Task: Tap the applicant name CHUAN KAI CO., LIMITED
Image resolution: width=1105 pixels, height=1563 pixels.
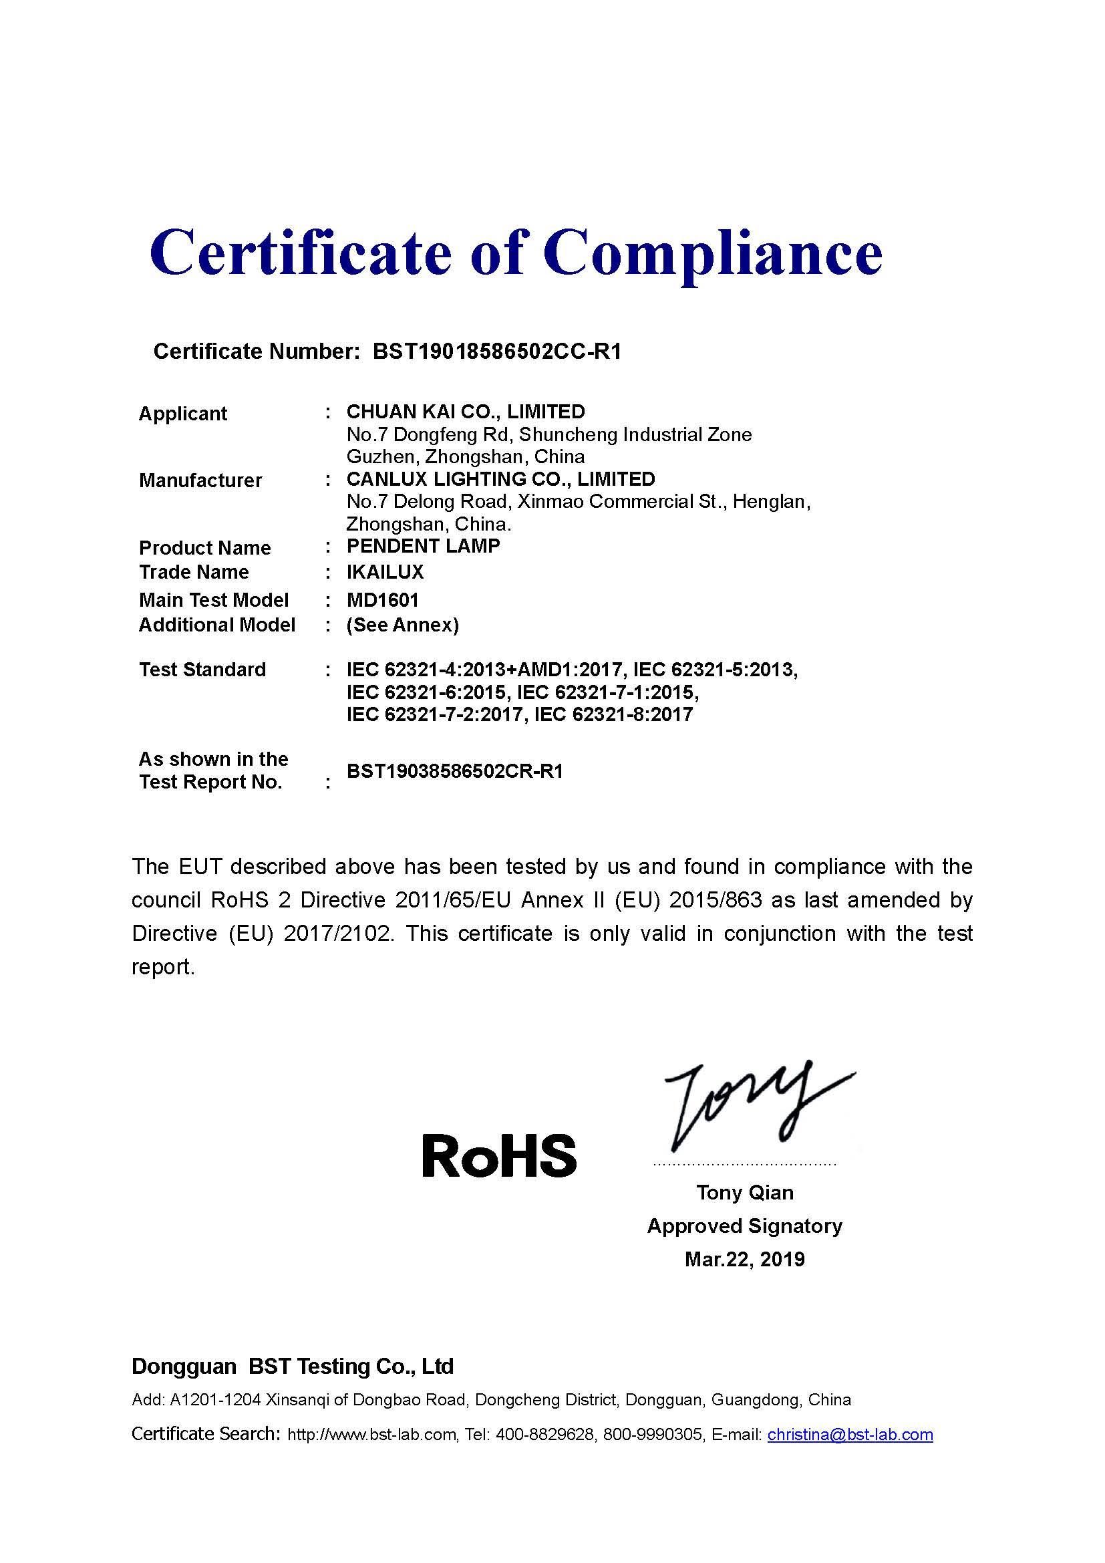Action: [466, 412]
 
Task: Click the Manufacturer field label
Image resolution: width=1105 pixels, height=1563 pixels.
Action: [200, 480]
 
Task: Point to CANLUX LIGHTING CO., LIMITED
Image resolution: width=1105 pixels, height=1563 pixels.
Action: [500, 479]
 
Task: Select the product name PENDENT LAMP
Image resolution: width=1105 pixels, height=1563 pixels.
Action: [423, 546]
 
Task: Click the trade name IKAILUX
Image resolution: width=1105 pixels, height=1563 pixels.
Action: [385, 573]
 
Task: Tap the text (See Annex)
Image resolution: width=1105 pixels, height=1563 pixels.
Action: [403, 625]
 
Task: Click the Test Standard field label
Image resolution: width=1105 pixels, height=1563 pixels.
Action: [202, 670]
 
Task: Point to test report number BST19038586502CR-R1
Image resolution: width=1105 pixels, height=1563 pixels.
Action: [454, 772]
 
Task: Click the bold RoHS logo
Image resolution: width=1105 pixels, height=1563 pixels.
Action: [500, 1157]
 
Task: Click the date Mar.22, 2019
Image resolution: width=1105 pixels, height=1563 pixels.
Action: [744, 1260]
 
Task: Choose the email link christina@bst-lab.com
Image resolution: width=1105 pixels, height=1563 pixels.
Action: [850, 1435]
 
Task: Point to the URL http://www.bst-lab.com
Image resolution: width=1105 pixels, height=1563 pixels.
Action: [371, 1435]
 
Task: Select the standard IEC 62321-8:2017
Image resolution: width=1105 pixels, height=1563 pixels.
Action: [614, 715]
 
